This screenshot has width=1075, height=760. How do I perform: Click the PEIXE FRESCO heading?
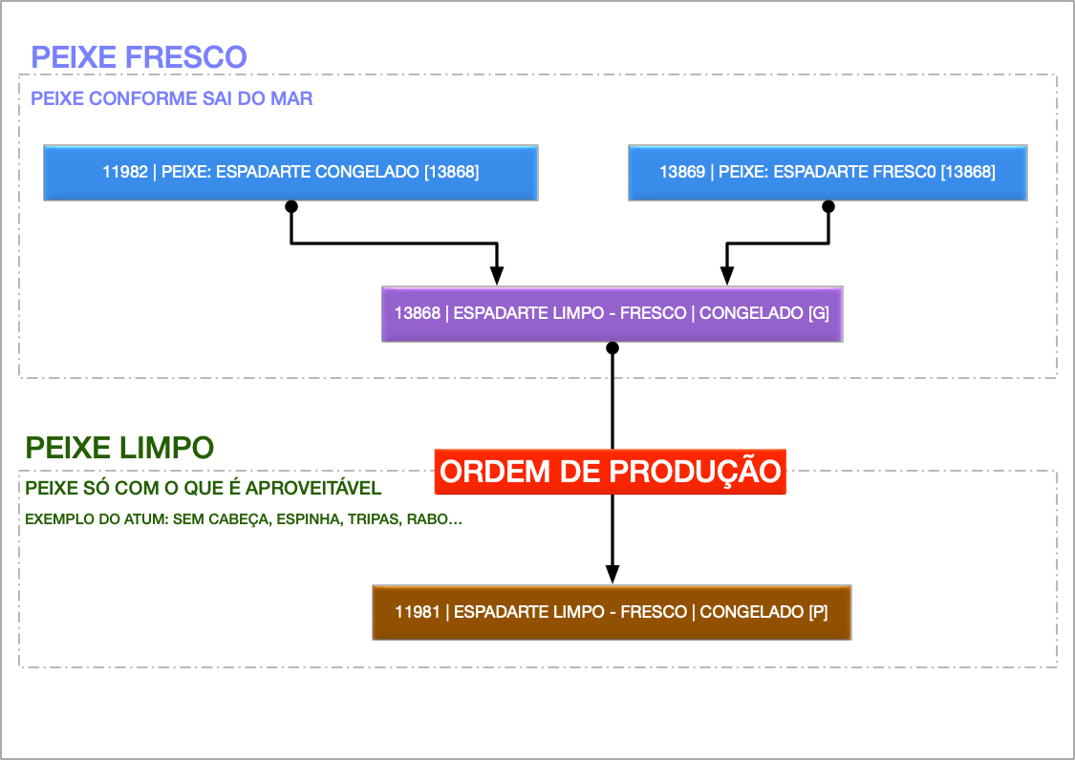click(139, 56)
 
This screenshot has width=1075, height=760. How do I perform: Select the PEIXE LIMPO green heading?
click(119, 447)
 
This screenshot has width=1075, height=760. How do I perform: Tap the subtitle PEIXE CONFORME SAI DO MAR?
click(171, 98)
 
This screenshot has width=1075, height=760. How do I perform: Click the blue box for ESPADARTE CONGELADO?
click(290, 173)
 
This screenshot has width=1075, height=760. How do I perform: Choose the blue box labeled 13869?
click(828, 173)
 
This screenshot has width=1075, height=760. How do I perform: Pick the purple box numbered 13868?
click(612, 313)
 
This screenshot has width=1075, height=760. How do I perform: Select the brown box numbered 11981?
click(612, 612)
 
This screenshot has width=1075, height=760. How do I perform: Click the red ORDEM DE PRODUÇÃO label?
click(611, 472)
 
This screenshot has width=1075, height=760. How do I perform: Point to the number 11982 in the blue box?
click(124, 173)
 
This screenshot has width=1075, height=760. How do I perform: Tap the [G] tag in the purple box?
click(819, 313)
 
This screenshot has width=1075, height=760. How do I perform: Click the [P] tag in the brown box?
click(818, 612)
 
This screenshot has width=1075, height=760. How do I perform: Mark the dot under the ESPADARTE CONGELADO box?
click(291, 206)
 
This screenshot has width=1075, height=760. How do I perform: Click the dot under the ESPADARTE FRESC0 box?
click(828, 206)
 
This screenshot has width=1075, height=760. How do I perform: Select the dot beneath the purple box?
click(613, 348)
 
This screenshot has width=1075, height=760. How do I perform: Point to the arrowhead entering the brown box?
click(613, 573)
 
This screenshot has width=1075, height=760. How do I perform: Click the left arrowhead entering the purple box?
click(497, 275)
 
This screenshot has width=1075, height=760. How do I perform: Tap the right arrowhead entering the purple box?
click(727, 275)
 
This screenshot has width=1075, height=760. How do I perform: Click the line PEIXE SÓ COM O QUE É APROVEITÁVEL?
click(204, 489)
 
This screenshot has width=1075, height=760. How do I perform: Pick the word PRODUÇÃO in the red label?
click(692, 472)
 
